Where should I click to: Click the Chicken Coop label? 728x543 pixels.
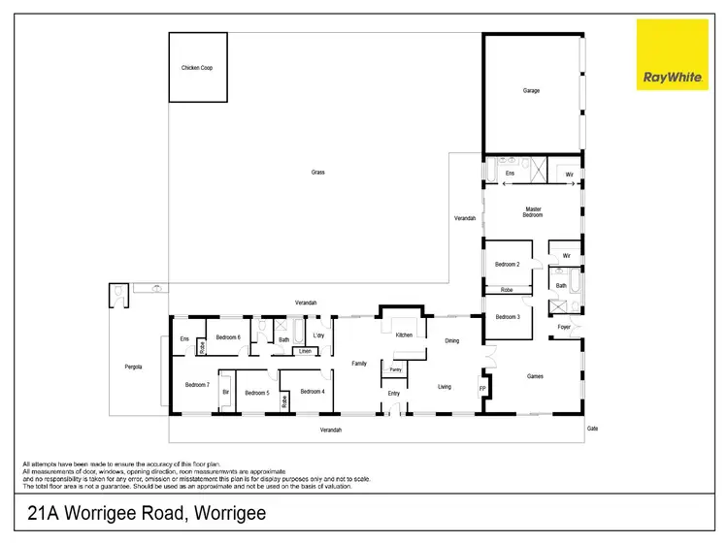(x=197, y=68)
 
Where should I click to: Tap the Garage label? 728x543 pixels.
(x=531, y=91)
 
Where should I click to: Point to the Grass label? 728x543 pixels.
(x=317, y=173)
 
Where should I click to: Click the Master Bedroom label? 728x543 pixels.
(x=533, y=211)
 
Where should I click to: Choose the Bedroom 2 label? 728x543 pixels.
(x=508, y=265)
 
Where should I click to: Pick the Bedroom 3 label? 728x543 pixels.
(x=508, y=317)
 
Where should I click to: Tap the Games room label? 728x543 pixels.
(x=535, y=376)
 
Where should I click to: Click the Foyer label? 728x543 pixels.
(x=564, y=327)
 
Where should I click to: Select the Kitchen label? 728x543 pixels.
(x=404, y=335)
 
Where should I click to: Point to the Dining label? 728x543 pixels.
(x=452, y=341)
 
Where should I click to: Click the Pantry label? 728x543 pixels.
(x=395, y=369)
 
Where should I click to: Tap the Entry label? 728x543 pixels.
(x=393, y=393)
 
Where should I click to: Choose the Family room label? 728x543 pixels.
(x=358, y=363)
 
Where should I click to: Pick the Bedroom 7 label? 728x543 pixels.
(x=197, y=385)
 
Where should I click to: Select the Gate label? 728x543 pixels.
(x=591, y=428)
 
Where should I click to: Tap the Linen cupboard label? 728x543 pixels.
(x=305, y=351)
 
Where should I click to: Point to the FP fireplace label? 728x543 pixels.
(x=482, y=390)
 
